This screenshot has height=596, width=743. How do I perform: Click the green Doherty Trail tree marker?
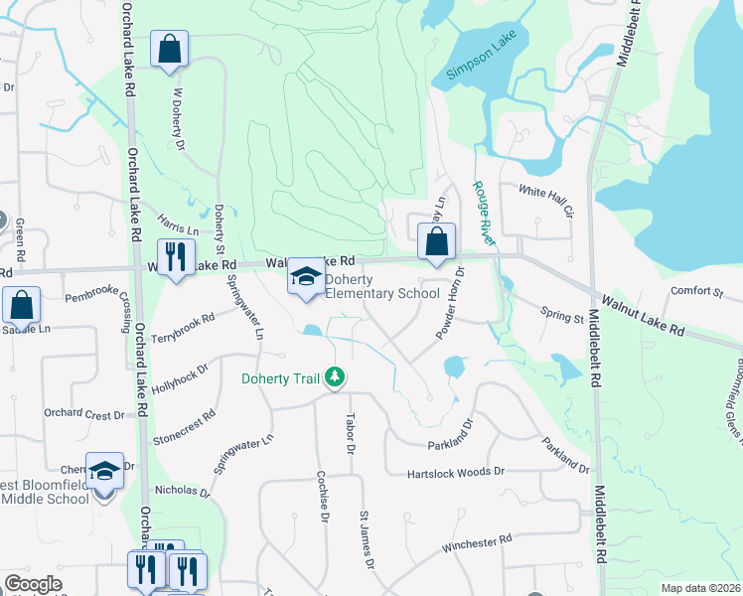(x=337, y=377)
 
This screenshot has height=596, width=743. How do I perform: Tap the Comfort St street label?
(x=696, y=292)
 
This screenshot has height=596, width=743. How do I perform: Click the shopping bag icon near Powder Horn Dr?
(x=436, y=241)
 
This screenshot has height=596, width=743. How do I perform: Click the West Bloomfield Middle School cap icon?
(x=103, y=471)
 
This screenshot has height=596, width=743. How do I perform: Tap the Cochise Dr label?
(x=322, y=497)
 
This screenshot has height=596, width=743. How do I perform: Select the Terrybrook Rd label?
(x=184, y=329)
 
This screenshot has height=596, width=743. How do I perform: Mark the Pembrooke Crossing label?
(x=104, y=303)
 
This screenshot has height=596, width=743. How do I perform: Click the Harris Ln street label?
(x=179, y=224)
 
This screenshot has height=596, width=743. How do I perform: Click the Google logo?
(x=33, y=584)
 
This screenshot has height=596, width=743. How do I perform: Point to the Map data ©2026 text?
(x=700, y=588)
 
